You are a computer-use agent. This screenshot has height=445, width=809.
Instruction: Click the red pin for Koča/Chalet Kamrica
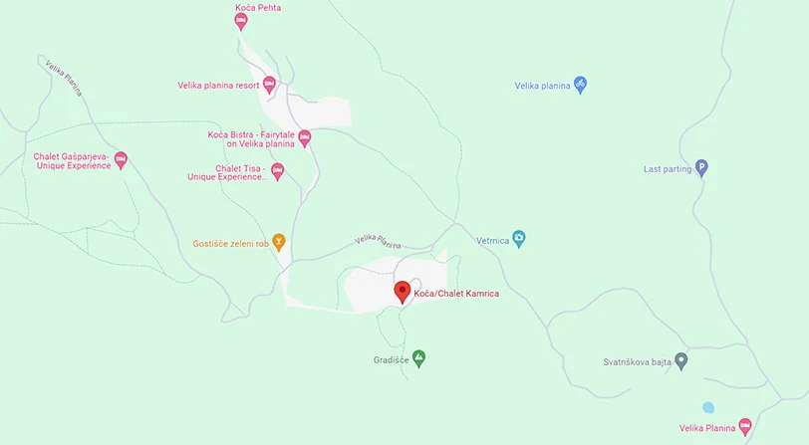403,291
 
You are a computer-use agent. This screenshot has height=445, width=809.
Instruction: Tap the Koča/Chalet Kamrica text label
455,294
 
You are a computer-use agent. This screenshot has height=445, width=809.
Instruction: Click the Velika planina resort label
218,86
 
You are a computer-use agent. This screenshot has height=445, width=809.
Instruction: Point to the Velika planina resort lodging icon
269,85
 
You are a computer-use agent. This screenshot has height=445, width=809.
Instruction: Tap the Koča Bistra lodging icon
305,137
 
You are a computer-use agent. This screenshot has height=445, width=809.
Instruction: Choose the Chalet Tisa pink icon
278,171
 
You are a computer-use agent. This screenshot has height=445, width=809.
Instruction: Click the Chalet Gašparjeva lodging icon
121,158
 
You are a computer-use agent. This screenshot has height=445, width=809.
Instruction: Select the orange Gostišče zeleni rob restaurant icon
279,242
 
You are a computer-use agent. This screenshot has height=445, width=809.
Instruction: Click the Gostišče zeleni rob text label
231,243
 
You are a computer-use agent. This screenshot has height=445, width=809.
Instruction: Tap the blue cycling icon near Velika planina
581,85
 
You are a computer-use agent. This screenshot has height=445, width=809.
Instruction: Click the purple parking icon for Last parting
701,168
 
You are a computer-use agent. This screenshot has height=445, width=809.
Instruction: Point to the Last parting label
668,169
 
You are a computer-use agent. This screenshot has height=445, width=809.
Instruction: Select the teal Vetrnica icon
518,239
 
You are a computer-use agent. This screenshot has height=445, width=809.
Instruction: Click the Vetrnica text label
492,240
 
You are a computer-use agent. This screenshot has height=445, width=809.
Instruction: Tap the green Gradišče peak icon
419,356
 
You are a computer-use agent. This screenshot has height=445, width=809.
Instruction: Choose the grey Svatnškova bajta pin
681,359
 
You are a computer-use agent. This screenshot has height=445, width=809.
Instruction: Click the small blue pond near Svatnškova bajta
708,407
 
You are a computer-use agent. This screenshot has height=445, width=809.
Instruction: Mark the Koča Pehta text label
258,8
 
